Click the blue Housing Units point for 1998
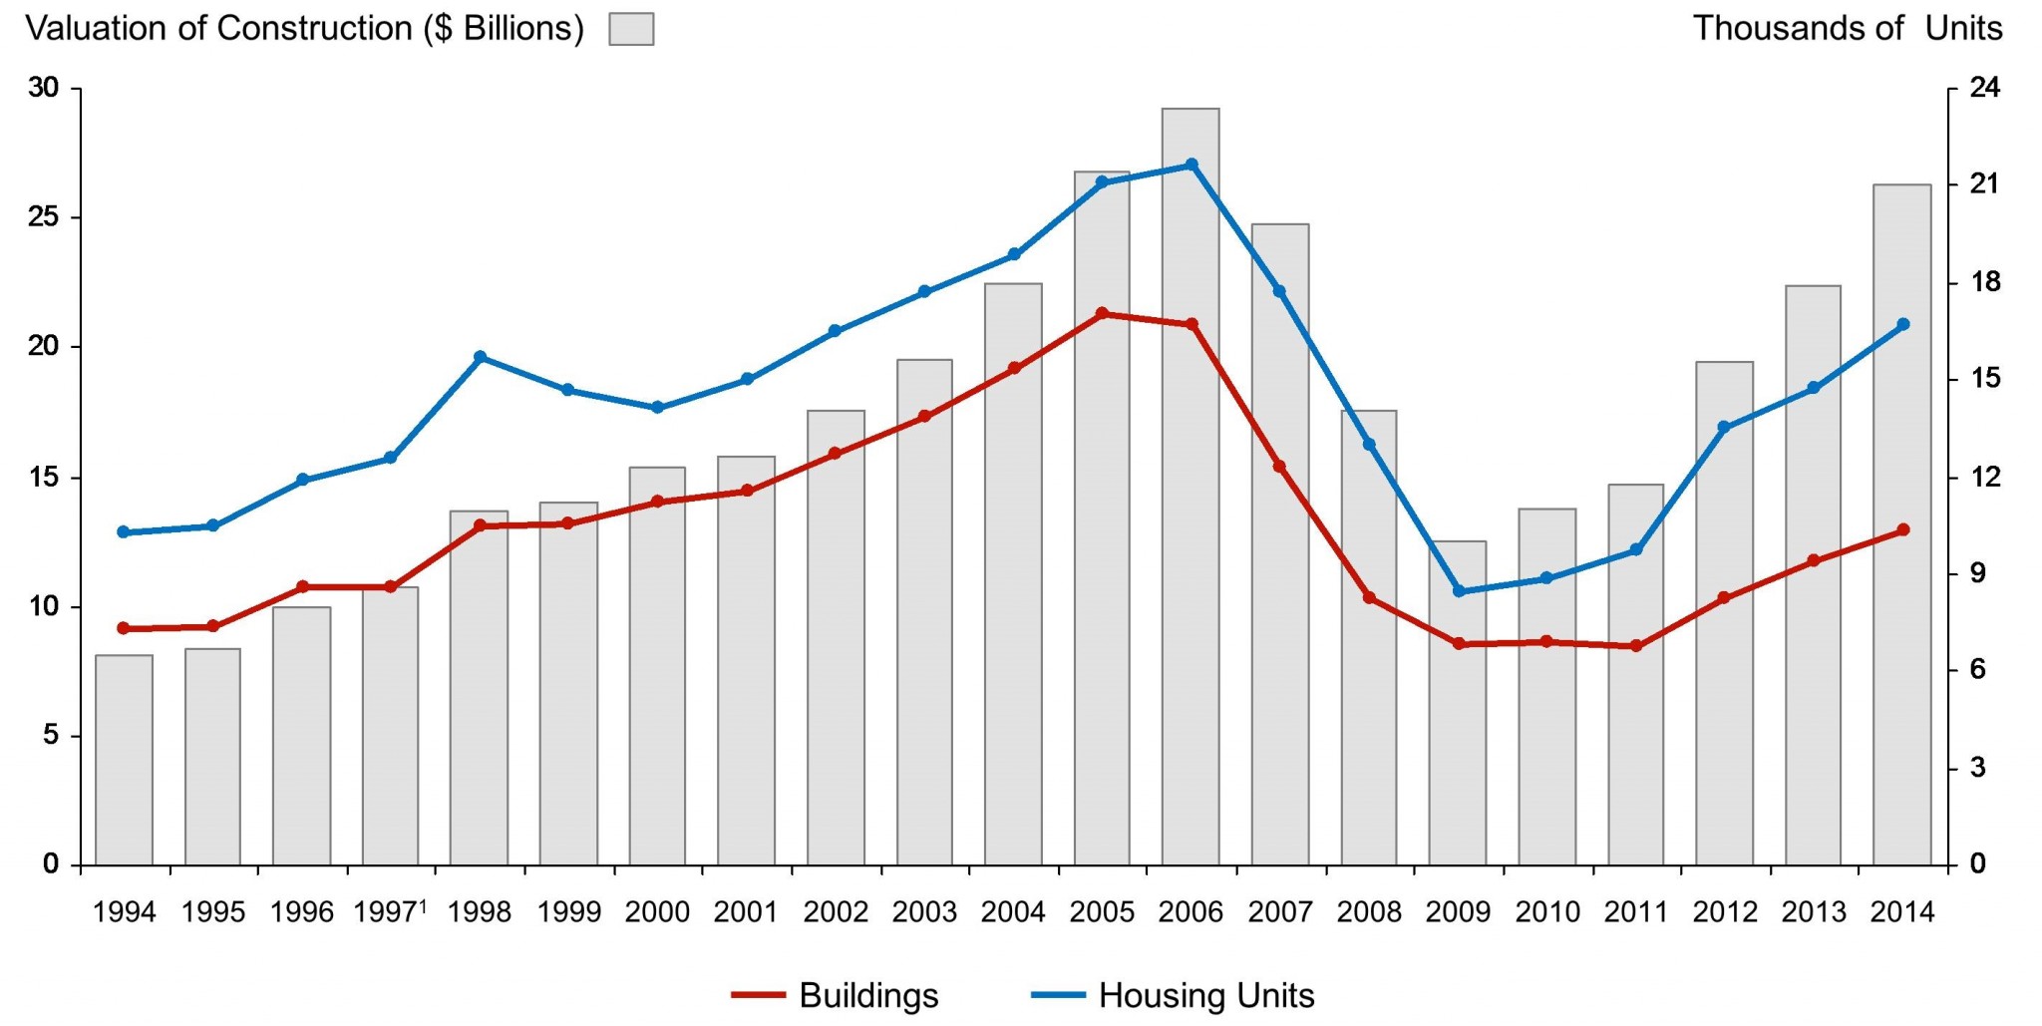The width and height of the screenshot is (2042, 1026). click(480, 357)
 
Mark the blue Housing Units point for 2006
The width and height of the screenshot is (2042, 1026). click(1191, 165)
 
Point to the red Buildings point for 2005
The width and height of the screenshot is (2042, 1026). click(1102, 313)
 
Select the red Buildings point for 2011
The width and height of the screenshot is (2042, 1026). click(1635, 646)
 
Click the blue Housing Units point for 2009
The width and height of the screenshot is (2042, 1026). click(1458, 591)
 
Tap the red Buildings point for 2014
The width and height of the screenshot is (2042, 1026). click(1902, 529)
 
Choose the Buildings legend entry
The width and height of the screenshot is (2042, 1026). click(836, 995)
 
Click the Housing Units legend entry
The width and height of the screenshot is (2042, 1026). click(1173, 995)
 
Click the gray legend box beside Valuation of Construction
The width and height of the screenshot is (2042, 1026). click(631, 29)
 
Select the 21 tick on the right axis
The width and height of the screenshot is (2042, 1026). click(1984, 184)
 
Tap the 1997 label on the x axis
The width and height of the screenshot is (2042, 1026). click(389, 911)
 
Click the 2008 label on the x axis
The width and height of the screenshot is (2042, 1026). click(1369, 911)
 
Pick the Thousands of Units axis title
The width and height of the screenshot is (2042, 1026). click(1847, 28)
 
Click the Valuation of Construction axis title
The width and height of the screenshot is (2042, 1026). click(304, 28)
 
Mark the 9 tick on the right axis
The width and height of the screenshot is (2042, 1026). click(1978, 573)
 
